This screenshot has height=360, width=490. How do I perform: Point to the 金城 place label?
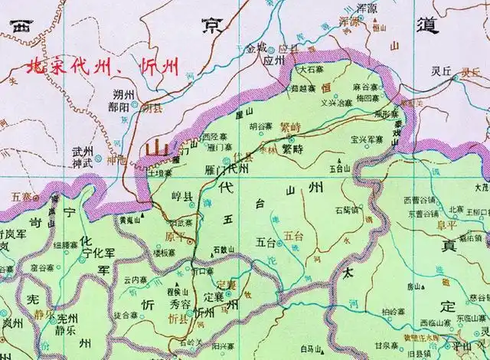coord(257,47)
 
